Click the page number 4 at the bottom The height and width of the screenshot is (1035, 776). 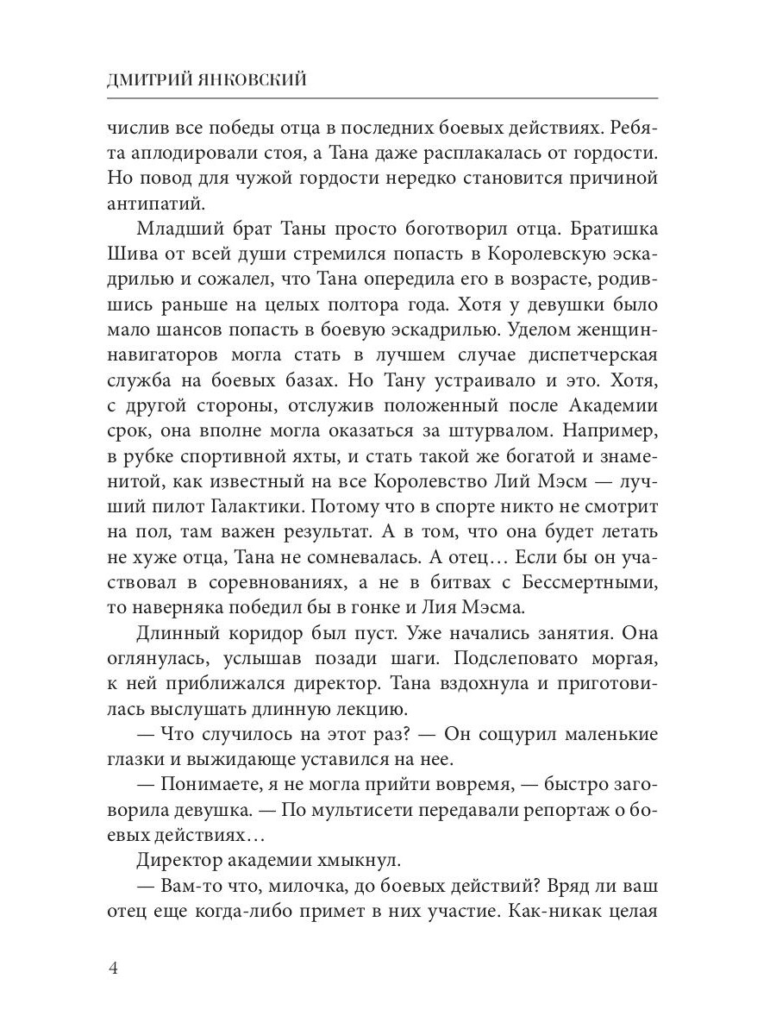click(x=112, y=968)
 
